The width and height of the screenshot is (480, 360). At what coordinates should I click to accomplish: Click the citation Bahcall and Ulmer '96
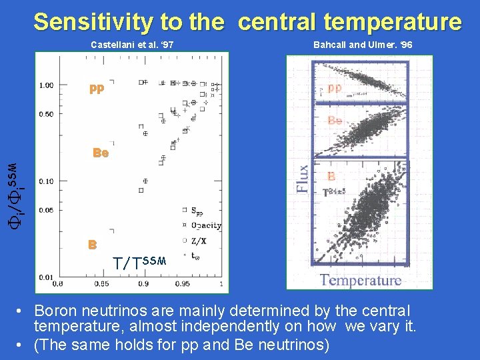coord(362,45)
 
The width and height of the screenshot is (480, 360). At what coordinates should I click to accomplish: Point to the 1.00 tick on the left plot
coord(47,85)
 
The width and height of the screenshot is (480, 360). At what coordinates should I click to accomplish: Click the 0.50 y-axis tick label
coord(47,114)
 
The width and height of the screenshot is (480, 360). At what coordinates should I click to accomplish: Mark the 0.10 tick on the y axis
coord(47,181)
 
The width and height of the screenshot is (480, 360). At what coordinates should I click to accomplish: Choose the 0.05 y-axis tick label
coord(47,210)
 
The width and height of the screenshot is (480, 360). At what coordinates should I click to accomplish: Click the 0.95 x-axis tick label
coord(181,284)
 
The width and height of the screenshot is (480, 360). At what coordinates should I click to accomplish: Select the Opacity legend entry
coord(206,226)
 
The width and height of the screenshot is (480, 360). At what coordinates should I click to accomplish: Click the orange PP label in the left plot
coord(97,90)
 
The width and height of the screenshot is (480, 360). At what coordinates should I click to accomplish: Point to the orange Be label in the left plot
coord(101,153)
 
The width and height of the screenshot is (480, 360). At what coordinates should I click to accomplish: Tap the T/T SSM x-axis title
coord(139,262)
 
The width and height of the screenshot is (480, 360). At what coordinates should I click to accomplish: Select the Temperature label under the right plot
coord(361,280)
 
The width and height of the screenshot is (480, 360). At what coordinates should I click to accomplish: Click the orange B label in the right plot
coord(331,177)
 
